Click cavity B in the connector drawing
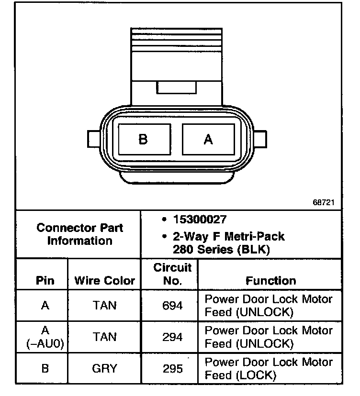point(143,139)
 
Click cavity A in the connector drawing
point(208,139)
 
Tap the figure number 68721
point(324,203)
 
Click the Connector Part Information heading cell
point(79,234)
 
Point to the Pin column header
point(45,280)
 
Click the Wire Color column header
point(104,280)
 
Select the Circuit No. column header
point(172,274)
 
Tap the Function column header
point(270,280)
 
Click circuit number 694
point(172,305)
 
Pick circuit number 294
point(172,337)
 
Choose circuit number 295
point(172,369)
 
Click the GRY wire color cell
point(104,369)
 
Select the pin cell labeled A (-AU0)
point(45,337)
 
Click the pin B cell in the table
point(45,369)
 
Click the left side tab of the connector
point(93,139)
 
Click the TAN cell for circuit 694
point(104,305)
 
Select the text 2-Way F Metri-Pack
point(229,236)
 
